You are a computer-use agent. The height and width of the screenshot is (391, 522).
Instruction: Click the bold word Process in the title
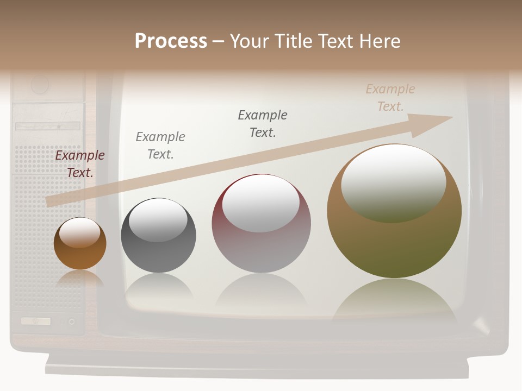171,41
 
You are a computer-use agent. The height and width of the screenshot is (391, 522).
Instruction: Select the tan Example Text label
390,98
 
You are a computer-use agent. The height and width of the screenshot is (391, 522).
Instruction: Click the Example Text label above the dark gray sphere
160,146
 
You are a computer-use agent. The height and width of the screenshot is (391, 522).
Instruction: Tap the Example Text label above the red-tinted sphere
263,124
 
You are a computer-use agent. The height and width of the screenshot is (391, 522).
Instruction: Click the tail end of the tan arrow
50,201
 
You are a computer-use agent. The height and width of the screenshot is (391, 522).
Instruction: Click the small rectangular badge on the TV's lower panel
36,321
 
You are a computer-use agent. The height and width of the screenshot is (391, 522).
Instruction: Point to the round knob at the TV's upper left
40,85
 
